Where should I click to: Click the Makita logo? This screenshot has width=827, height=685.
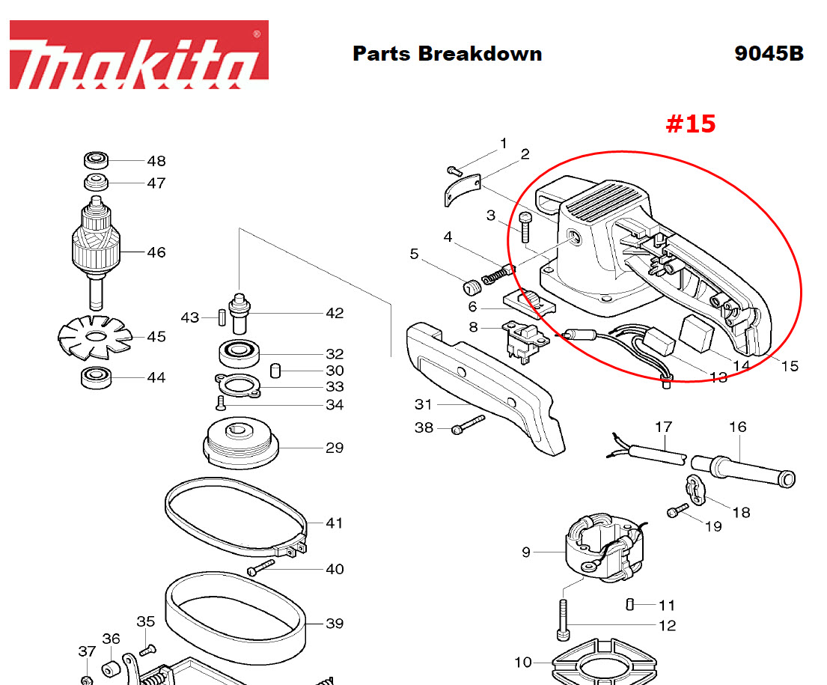coord(139,55)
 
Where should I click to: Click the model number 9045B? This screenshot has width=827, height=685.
coord(769,54)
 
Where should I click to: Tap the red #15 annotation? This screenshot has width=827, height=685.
coord(690,124)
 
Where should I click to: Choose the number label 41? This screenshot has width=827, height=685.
coord(334,523)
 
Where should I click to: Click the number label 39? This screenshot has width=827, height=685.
coord(334,624)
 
